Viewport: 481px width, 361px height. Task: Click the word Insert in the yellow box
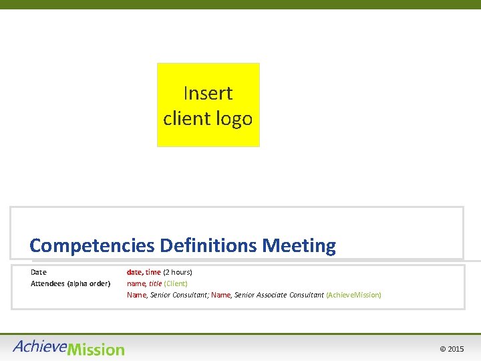(x=208, y=93)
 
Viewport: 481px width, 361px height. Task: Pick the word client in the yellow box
(x=186, y=119)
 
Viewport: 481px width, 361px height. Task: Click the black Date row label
(x=39, y=272)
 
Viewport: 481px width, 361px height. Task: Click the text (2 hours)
(x=178, y=272)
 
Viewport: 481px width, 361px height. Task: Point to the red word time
(x=153, y=272)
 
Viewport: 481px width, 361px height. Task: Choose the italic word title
(x=155, y=283)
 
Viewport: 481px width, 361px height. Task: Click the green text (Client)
(x=176, y=283)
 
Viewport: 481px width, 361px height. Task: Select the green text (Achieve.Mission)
(x=353, y=295)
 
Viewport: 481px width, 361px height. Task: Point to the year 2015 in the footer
(x=456, y=350)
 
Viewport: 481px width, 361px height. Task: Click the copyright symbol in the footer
(x=442, y=350)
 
